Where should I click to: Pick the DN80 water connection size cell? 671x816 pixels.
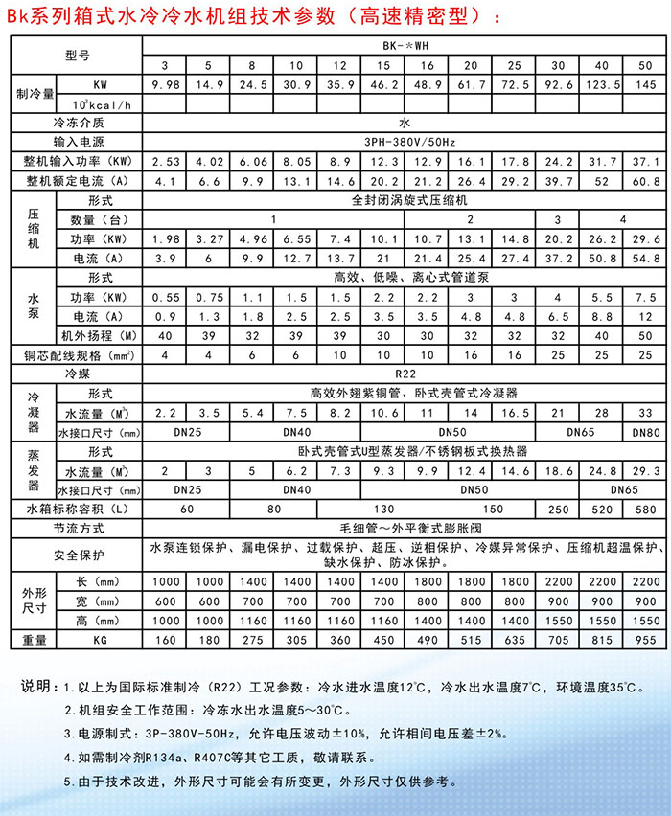click(x=645, y=432)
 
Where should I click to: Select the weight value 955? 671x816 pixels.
click(x=645, y=638)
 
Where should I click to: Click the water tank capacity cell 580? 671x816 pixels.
click(x=645, y=510)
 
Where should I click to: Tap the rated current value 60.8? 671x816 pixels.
click(x=645, y=181)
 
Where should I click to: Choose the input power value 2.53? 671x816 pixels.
click(x=167, y=161)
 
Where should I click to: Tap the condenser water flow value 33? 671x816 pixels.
click(x=645, y=413)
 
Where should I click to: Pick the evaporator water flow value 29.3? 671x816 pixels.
click(x=645, y=471)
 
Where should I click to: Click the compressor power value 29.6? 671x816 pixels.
click(x=645, y=238)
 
